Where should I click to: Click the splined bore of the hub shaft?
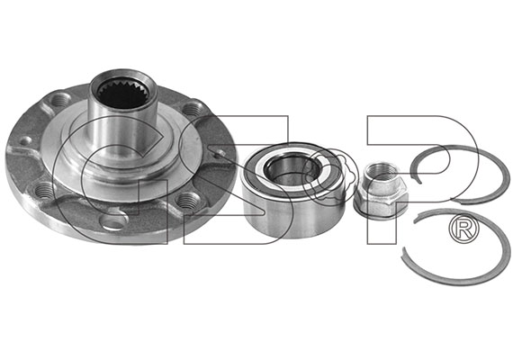123,93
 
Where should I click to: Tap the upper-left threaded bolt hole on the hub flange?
60,100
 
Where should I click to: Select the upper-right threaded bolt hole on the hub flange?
193,109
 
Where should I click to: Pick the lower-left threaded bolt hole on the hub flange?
44,191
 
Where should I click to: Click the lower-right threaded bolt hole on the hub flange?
188,201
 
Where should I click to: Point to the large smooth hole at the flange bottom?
114,221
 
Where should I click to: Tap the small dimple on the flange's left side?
25,140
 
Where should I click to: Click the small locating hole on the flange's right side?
220,153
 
